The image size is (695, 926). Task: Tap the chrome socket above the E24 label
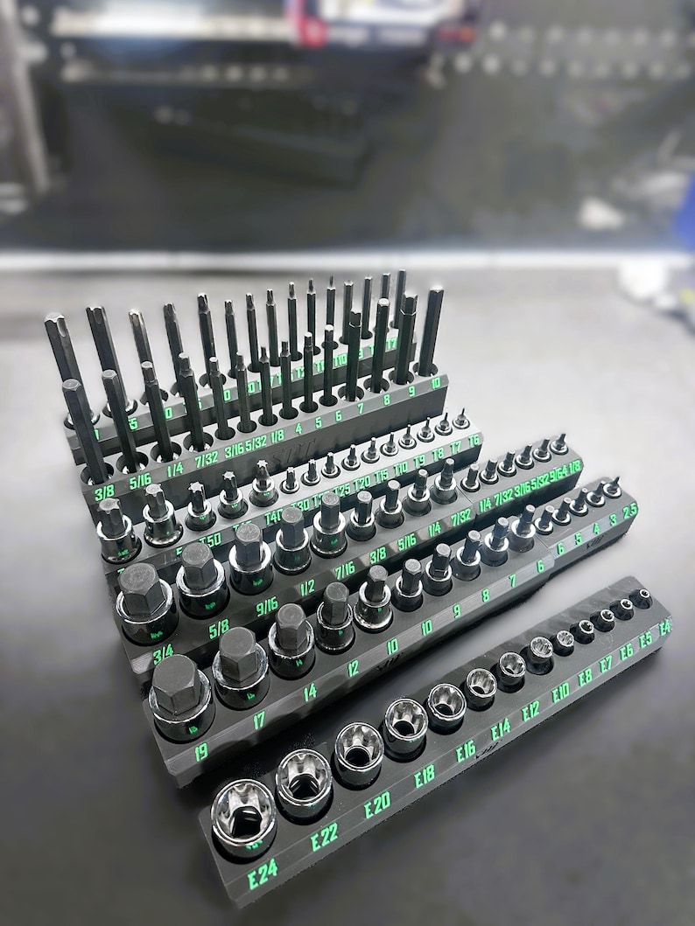[x=243, y=816]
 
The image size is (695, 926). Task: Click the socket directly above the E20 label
[x=359, y=752]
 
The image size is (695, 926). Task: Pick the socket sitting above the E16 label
[x=446, y=706]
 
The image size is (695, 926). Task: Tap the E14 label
[x=500, y=728]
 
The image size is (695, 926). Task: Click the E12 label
[x=530, y=710]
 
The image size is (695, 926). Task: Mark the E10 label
[x=560, y=693]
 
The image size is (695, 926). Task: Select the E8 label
[x=585, y=676]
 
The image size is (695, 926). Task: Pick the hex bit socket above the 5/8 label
[x=200, y=576]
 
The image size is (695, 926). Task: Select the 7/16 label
[x=345, y=572]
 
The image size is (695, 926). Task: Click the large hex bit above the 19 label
[x=180, y=695]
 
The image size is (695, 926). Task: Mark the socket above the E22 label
[x=304, y=781]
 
